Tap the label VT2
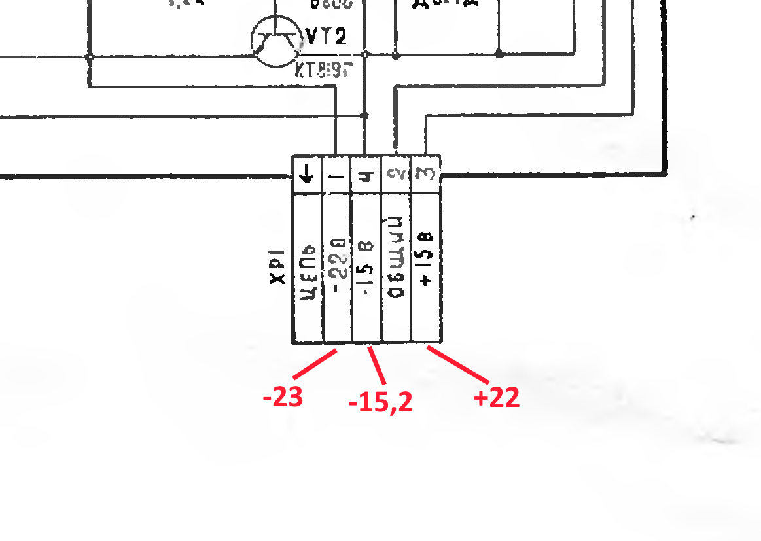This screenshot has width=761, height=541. pyautogui.click(x=325, y=37)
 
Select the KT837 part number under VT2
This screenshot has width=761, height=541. pyautogui.click(x=320, y=69)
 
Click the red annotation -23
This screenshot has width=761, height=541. pyautogui.click(x=283, y=397)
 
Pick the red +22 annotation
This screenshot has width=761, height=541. pyautogui.click(x=497, y=397)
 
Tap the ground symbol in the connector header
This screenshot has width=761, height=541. pyautogui.click(x=307, y=175)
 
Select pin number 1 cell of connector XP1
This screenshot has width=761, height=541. pyautogui.click(x=336, y=175)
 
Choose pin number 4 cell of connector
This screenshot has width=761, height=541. pyautogui.click(x=366, y=175)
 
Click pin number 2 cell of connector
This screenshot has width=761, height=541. pyautogui.click(x=395, y=175)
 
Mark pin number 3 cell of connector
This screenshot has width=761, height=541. pyautogui.click(x=425, y=175)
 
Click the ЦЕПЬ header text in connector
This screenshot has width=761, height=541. pyautogui.click(x=308, y=271)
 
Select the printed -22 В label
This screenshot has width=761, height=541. pyautogui.click(x=337, y=262)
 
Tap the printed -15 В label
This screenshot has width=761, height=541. pyautogui.click(x=366, y=267)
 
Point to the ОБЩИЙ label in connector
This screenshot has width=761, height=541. pyautogui.click(x=396, y=267)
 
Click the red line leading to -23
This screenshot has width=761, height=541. pyautogui.click(x=315, y=364)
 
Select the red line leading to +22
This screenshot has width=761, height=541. pyautogui.click(x=459, y=364)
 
